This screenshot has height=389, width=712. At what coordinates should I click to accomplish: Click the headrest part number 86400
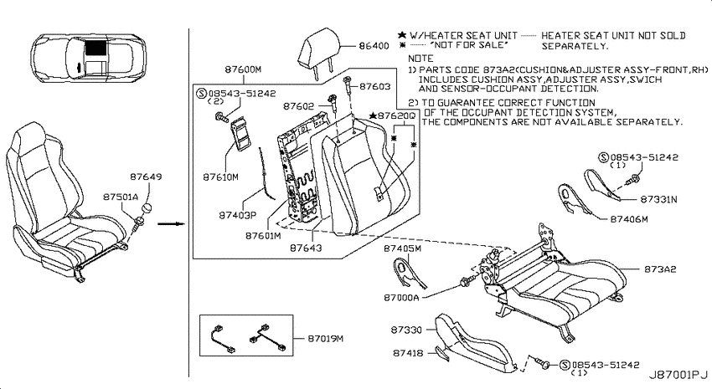(374, 45)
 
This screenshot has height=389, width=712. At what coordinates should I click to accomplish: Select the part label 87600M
(243, 69)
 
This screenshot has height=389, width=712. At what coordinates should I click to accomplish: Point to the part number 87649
(146, 177)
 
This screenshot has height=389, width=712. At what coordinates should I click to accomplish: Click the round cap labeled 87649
(147, 209)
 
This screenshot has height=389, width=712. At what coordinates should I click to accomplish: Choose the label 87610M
(220, 177)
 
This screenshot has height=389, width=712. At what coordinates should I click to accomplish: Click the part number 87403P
(238, 215)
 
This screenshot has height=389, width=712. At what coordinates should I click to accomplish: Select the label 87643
(306, 248)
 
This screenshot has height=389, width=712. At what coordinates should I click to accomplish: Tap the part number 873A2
(660, 269)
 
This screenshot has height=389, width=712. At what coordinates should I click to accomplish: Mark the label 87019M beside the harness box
(326, 338)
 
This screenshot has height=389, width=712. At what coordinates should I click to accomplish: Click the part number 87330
(406, 330)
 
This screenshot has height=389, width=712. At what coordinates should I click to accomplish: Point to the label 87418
(408, 352)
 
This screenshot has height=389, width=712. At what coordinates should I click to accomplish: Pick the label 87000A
(401, 298)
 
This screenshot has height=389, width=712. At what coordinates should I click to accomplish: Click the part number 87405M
(402, 248)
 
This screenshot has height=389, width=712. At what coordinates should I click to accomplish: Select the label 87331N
(658, 199)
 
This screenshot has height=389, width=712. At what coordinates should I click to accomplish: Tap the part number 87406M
(629, 219)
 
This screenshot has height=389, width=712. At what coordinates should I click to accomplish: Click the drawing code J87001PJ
(678, 375)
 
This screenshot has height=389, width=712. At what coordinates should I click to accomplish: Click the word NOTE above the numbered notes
(420, 59)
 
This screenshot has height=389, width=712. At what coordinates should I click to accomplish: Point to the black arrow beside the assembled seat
(171, 223)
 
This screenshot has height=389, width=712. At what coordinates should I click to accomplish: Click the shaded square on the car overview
(95, 47)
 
